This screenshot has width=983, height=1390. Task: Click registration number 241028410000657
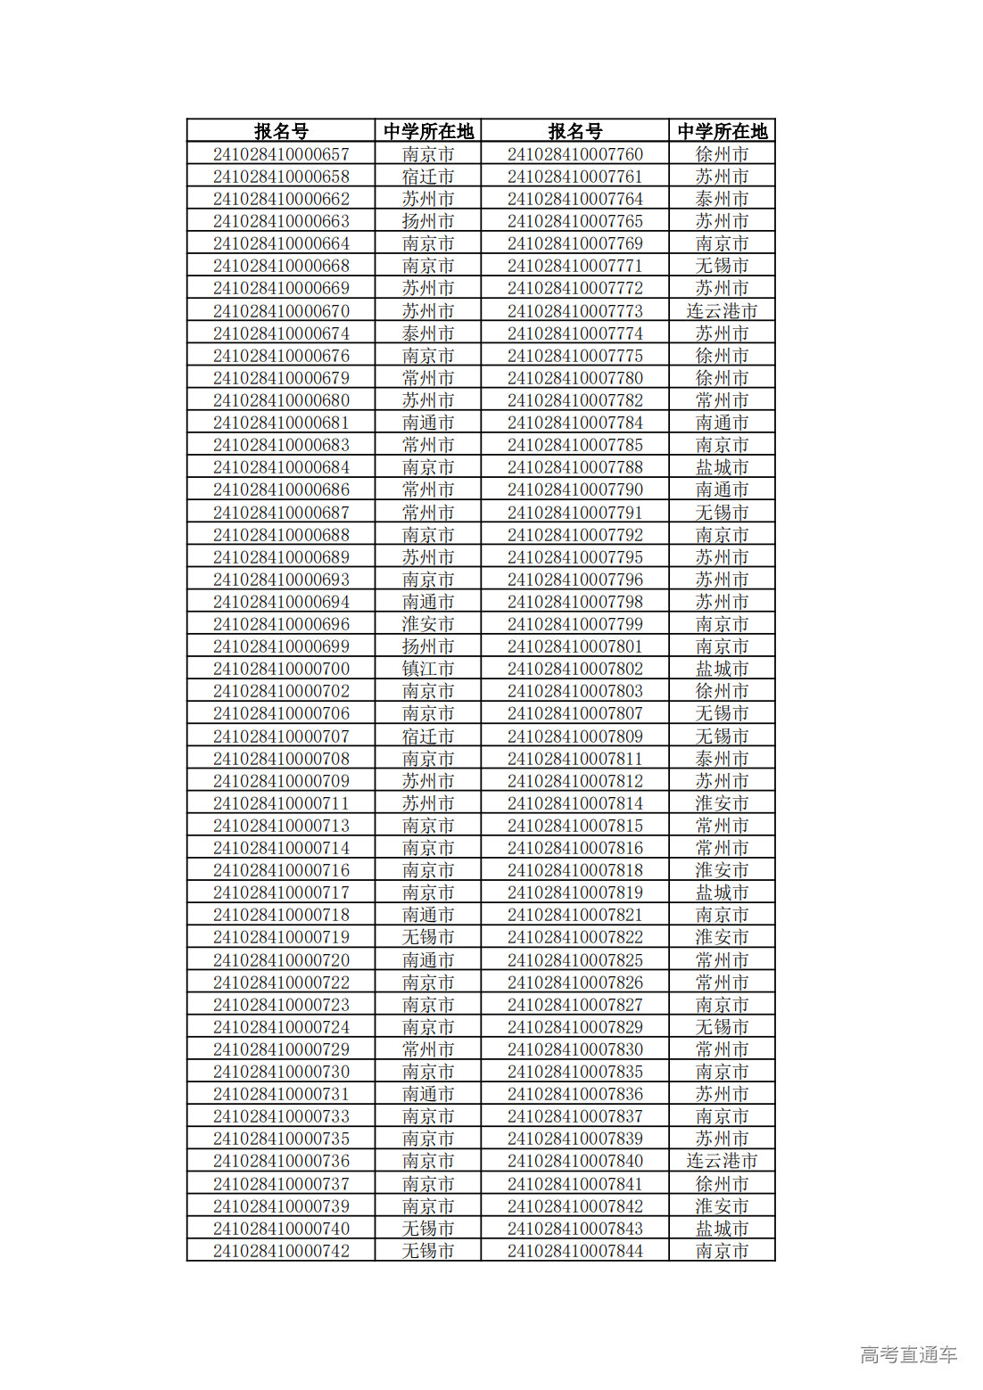281,154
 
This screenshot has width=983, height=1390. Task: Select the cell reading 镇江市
428,669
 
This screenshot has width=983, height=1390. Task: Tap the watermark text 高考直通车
908,1354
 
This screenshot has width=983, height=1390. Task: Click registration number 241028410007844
575,1251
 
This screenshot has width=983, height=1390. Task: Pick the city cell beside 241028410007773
722,311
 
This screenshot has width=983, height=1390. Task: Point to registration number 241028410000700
281,669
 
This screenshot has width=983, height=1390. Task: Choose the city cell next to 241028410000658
428,177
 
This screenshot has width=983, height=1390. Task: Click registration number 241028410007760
575,154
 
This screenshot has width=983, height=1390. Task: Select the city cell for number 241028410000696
428,624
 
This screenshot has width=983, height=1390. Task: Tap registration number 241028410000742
281,1251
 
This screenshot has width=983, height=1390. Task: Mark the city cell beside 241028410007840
722,1161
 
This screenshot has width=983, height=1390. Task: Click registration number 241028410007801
575,646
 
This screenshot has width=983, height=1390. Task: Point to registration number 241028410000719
281,937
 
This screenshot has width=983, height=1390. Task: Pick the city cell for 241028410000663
428,221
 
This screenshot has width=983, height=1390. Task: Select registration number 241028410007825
575,960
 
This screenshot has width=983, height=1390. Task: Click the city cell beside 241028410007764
722,199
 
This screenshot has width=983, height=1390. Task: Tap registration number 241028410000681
281,423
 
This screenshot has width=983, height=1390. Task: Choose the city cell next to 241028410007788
722,467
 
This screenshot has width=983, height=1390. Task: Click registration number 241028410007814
575,803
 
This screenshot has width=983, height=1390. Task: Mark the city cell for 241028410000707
428,736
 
